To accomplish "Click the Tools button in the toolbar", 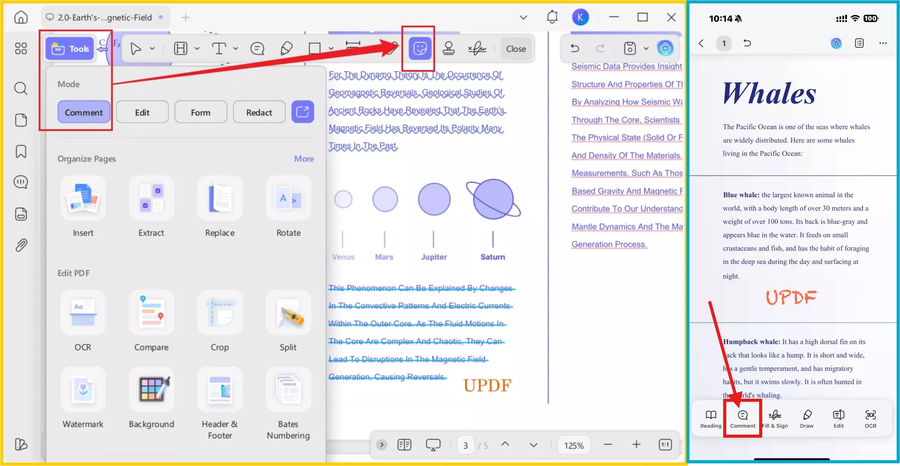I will tap(70, 49).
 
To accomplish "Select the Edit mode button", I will tap(142, 112).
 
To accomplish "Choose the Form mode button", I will tap(200, 112).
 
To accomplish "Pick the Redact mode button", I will tap(259, 112).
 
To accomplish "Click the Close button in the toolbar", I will tap(516, 49).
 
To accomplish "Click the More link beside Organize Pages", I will tap(304, 159).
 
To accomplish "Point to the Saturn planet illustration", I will tap(493, 199).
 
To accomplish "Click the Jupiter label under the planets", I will tap(434, 257).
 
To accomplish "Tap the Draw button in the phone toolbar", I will tap(807, 419).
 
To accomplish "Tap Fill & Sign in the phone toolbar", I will tap(775, 419).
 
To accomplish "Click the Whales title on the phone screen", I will tap(769, 93).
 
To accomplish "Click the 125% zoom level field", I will tap(574, 445).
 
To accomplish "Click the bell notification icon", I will tap(552, 17).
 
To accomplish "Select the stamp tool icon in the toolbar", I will tap(449, 48).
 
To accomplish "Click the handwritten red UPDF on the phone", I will tap(791, 297).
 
